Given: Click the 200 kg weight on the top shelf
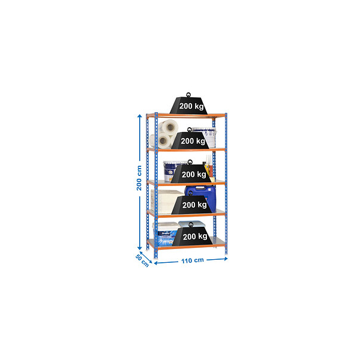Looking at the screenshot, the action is tap(188, 106).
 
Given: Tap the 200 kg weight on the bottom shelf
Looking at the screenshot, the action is tap(192, 236).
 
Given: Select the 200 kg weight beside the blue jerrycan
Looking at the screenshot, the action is tap(191, 205).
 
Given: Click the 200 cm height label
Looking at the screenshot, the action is tap(139, 178).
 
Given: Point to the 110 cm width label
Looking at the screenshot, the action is tap(193, 260).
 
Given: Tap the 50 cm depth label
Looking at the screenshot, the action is tap(142, 260).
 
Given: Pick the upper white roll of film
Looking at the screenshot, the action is tap(169, 127).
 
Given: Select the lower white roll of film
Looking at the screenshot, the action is tap(161, 140).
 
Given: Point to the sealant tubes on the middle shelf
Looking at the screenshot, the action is tap(209, 166).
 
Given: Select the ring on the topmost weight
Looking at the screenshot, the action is tap(188, 95).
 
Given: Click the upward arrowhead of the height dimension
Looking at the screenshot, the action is tap(139, 116).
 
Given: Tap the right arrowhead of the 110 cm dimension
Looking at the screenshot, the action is tap(226, 259).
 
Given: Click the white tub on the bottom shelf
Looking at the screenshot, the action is tap(165, 232).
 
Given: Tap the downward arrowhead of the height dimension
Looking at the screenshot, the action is tap(139, 248).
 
